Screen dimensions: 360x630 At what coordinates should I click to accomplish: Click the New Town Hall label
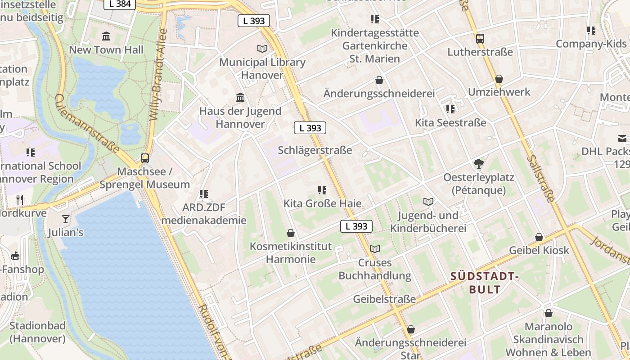106,50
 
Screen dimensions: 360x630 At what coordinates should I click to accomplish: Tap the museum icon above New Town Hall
106,36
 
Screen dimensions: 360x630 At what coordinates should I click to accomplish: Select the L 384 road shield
120,4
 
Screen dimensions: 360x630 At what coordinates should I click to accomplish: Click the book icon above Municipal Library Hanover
262,49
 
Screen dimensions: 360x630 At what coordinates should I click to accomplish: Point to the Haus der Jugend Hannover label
240,117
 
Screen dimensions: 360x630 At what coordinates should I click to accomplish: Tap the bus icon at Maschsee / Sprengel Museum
144,158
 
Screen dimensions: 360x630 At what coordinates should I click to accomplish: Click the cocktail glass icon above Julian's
66,219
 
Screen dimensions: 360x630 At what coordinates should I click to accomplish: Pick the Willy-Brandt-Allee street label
158,75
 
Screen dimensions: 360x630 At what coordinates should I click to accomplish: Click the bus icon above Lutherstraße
480,38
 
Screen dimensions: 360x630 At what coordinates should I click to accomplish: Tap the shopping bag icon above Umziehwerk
499,79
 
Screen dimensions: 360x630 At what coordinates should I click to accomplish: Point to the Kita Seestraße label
450,122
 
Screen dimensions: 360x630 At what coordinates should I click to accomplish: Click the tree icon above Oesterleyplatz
478,164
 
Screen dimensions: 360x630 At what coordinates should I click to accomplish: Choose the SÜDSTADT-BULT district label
485,283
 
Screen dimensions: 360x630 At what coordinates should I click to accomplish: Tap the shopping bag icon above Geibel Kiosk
539,237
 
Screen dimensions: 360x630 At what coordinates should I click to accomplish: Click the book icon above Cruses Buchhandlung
375,249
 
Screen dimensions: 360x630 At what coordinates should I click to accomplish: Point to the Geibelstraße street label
384,299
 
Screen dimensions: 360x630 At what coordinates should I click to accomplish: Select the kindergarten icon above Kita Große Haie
322,190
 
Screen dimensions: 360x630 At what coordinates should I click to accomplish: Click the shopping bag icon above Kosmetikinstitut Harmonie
291,233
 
